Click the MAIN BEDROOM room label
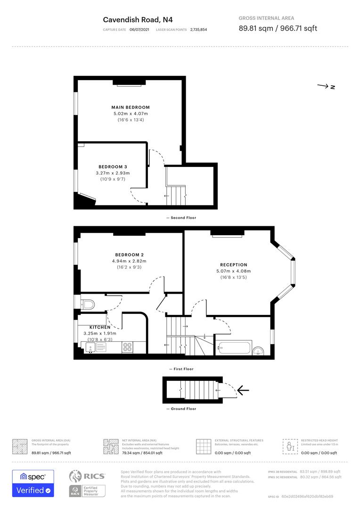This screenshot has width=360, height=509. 131,107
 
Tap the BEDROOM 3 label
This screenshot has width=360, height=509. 113,167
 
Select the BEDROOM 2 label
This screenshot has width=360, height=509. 129,255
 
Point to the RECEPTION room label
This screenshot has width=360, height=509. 233,265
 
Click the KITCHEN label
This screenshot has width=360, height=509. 100,327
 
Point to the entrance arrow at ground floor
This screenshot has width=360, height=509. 243,390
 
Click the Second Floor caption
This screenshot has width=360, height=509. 181,218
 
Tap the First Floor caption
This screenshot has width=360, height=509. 181,369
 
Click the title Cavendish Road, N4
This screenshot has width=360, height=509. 131,19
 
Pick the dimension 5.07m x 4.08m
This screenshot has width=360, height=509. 233,271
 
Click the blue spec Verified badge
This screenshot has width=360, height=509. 33,483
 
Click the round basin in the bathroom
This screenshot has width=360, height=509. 258,350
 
